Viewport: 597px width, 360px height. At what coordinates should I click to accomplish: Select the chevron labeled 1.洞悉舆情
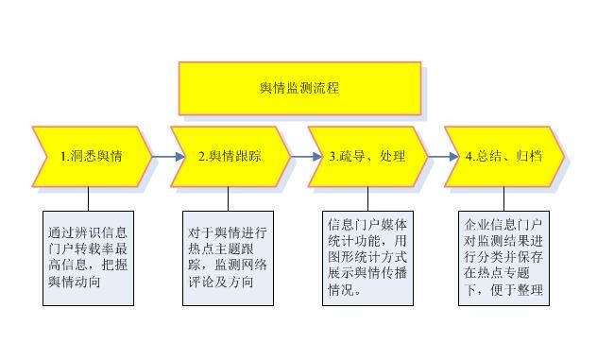92,156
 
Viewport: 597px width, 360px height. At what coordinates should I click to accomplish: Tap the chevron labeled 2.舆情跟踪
230,156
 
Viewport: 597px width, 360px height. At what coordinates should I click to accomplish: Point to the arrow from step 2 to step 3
299,156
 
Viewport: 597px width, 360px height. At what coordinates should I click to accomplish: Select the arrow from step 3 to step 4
436,156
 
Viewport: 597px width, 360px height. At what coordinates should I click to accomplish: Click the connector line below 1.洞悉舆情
89,198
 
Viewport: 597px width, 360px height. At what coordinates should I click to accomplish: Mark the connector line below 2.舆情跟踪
227,198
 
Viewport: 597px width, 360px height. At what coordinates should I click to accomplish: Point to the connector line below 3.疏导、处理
365,198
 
